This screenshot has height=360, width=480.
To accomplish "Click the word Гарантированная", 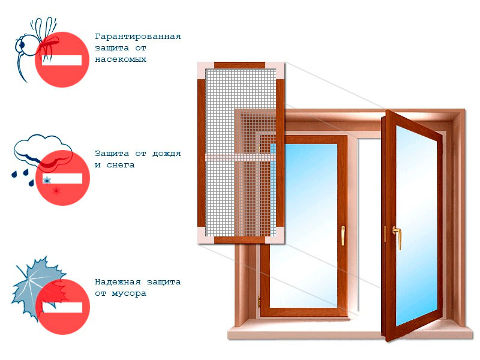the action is (x=138, y=37).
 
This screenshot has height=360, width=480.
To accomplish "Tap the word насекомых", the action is (x=121, y=59).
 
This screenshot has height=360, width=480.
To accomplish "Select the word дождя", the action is (x=167, y=154).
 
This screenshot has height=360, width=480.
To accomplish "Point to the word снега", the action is (x=121, y=165).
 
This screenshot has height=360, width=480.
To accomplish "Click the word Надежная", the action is (x=118, y=281).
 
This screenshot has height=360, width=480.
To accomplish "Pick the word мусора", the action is (x=129, y=293).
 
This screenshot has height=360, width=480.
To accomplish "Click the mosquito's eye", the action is (x=22, y=45).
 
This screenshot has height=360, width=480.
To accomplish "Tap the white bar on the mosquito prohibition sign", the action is (x=62, y=61).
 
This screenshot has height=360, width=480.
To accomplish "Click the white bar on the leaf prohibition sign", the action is (x=62, y=307).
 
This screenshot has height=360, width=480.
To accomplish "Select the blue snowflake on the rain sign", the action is (x=47, y=180).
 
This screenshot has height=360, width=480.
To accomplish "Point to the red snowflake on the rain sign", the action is (x=56, y=191).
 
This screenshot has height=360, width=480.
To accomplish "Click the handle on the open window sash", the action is (x=397, y=238).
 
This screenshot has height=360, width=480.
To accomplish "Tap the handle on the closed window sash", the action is (x=343, y=235).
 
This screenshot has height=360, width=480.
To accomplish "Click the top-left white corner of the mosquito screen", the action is (x=206, y=70).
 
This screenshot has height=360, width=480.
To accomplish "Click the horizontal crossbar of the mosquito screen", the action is (x=241, y=157).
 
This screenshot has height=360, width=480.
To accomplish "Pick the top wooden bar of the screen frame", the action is (x=239, y=65).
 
